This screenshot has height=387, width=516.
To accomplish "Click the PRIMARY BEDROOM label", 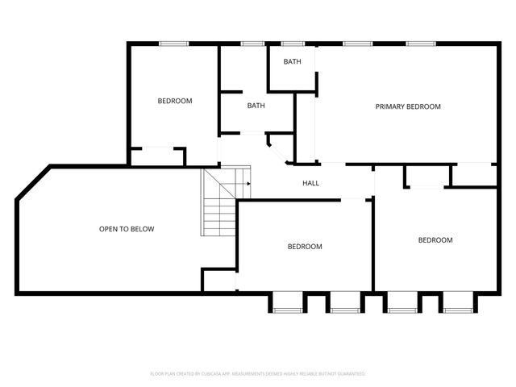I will [x=408, y=106].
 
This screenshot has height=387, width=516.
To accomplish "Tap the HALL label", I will [x=310, y=183].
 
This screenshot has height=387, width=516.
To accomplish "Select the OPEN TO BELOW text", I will [x=127, y=229].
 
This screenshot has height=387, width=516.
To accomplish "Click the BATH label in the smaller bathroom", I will [x=292, y=62].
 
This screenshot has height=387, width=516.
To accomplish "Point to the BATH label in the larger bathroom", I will [x=256, y=106].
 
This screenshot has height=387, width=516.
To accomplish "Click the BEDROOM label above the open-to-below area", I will [x=174, y=101].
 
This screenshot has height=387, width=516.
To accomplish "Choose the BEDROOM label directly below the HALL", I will [x=305, y=247].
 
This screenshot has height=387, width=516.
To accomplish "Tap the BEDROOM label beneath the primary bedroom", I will [x=435, y=240].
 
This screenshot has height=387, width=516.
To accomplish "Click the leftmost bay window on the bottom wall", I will [x=286, y=304].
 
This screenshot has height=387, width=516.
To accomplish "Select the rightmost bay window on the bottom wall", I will [x=458, y=304].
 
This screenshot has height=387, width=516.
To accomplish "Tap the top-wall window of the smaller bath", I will [x=293, y=43].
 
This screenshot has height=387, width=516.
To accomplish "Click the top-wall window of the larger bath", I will [x=252, y=43].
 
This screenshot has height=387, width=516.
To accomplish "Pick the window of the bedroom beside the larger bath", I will [x=173, y=43].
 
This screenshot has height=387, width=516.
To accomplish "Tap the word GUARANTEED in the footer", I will [x=350, y=374].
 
